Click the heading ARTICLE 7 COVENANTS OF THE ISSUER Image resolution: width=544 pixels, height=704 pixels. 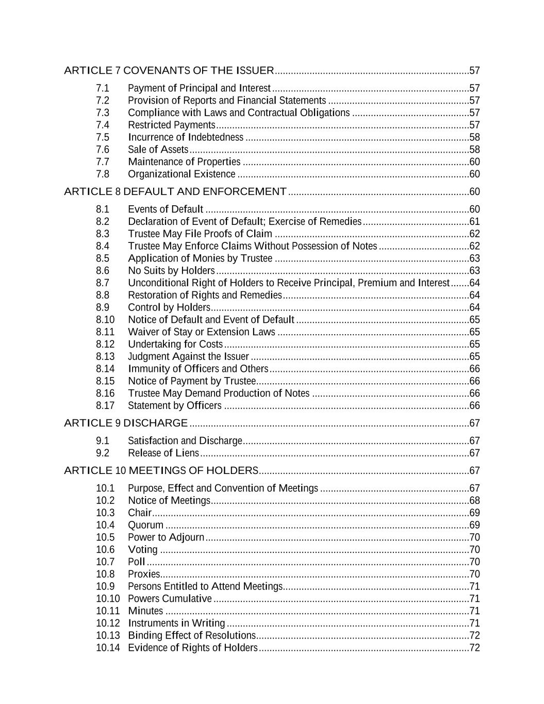pyautogui.click(x=169, y=71)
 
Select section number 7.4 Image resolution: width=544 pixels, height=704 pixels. pyautogui.click(x=103, y=125)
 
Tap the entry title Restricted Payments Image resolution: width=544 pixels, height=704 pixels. pyautogui.click(x=171, y=125)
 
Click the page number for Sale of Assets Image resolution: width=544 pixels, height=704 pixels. pyautogui.click(x=474, y=150)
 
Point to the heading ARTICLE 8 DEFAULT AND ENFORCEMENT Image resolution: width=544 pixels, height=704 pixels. pyautogui.click(x=175, y=192)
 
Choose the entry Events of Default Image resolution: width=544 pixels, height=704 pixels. pyautogui.click(x=166, y=209)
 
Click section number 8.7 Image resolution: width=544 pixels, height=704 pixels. pyautogui.click(x=103, y=283)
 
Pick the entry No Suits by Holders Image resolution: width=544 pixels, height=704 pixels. pyautogui.click(x=171, y=271)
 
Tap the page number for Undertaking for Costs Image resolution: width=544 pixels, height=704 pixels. pyautogui.click(x=474, y=344)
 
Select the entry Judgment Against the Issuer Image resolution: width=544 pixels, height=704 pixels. pyautogui.click(x=188, y=356)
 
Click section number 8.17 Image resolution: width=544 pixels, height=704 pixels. pyautogui.click(x=105, y=405)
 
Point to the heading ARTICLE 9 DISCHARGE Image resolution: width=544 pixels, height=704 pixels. pyautogui.click(x=126, y=423)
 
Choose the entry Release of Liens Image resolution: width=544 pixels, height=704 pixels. pyautogui.click(x=163, y=453)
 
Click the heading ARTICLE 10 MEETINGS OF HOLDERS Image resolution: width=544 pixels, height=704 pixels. pyautogui.click(x=161, y=471)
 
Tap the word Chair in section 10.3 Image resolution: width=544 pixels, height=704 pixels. pyautogui.click(x=140, y=513)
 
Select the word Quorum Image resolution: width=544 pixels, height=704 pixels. pyautogui.click(x=145, y=525)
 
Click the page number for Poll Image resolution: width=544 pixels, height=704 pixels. pyautogui.click(x=474, y=562)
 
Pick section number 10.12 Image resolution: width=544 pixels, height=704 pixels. pyautogui.click(x=108, y=623)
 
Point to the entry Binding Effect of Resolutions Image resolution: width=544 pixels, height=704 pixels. pyautogui.click(x=191, y=635)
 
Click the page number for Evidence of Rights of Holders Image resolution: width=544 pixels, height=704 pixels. pyautogui.click(x=474, y=648)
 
